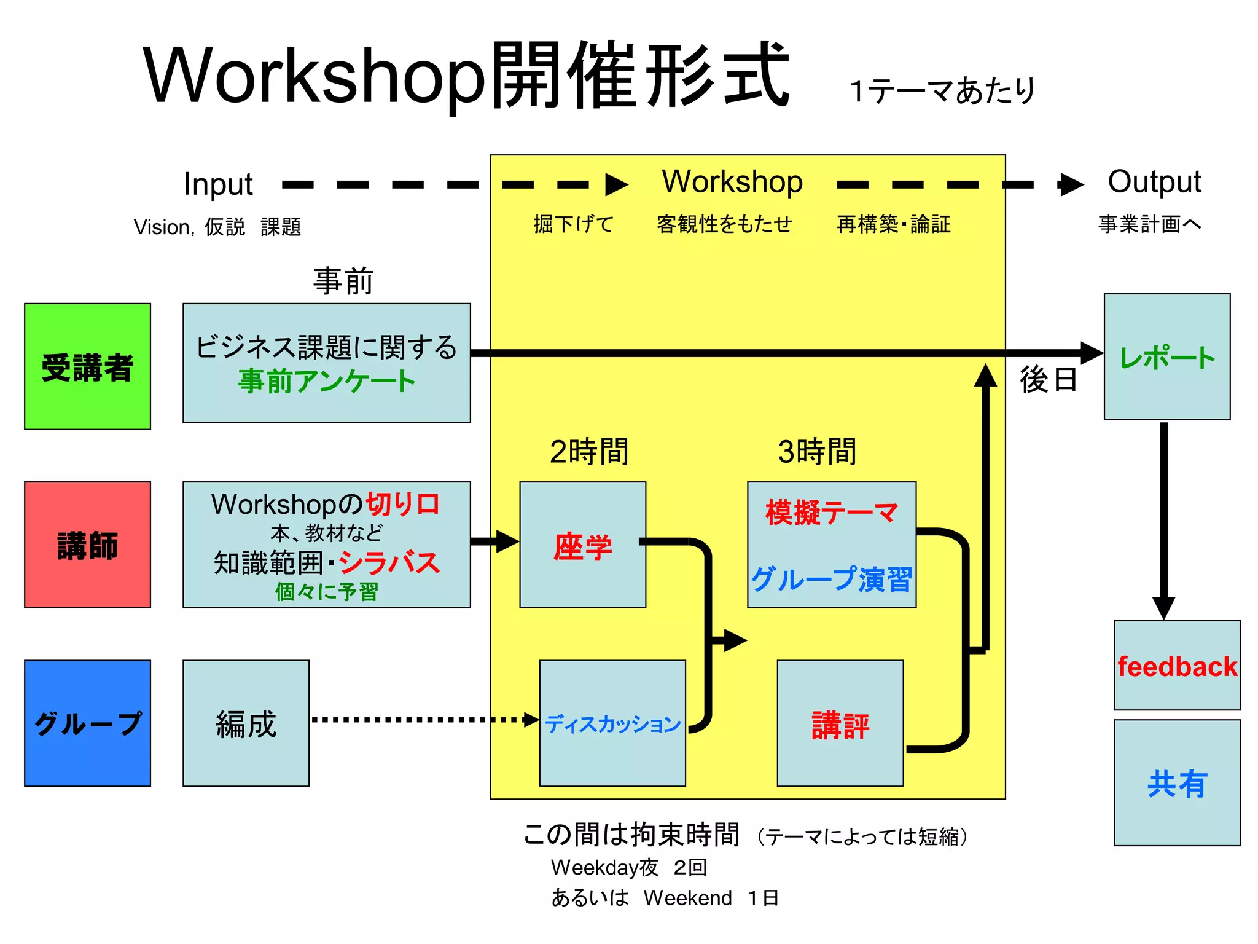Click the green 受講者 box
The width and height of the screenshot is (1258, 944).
click(x=87, y=366)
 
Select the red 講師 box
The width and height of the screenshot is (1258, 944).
click(x=87, y=545)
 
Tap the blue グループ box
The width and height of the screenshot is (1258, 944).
click(x=87, y=723)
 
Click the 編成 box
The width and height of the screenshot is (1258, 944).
click(x=246, y=723)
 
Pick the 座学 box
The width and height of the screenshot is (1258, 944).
click(x=582, y=545)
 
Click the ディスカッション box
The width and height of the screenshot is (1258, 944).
click(x=612, y=723)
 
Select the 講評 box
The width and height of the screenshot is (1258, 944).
click(x=840, y=723)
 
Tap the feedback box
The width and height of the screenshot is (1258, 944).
click(x=1177, y=666)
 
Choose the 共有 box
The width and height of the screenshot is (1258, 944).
click(x=1177, y=782)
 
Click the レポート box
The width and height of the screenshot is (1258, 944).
click(x=1166, y=356)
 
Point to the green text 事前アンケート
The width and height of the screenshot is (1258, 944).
click(x=326, y=381)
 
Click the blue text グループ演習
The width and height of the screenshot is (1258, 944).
click(x=831, y=579)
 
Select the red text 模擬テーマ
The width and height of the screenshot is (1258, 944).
click(x=831, y=512)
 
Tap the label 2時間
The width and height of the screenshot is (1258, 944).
click(x=588, y=452)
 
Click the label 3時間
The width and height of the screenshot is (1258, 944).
click(x=816, y=452)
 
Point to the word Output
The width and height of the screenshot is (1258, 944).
click(x=1154, y=182)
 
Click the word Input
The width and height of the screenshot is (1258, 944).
click(x=218, y=184)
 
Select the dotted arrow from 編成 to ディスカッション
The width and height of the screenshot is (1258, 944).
click(x=424, y=720)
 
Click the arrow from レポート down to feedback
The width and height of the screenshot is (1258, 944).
click(x=1163, y=516)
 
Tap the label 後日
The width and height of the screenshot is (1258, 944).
click(x=1048, y=379)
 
